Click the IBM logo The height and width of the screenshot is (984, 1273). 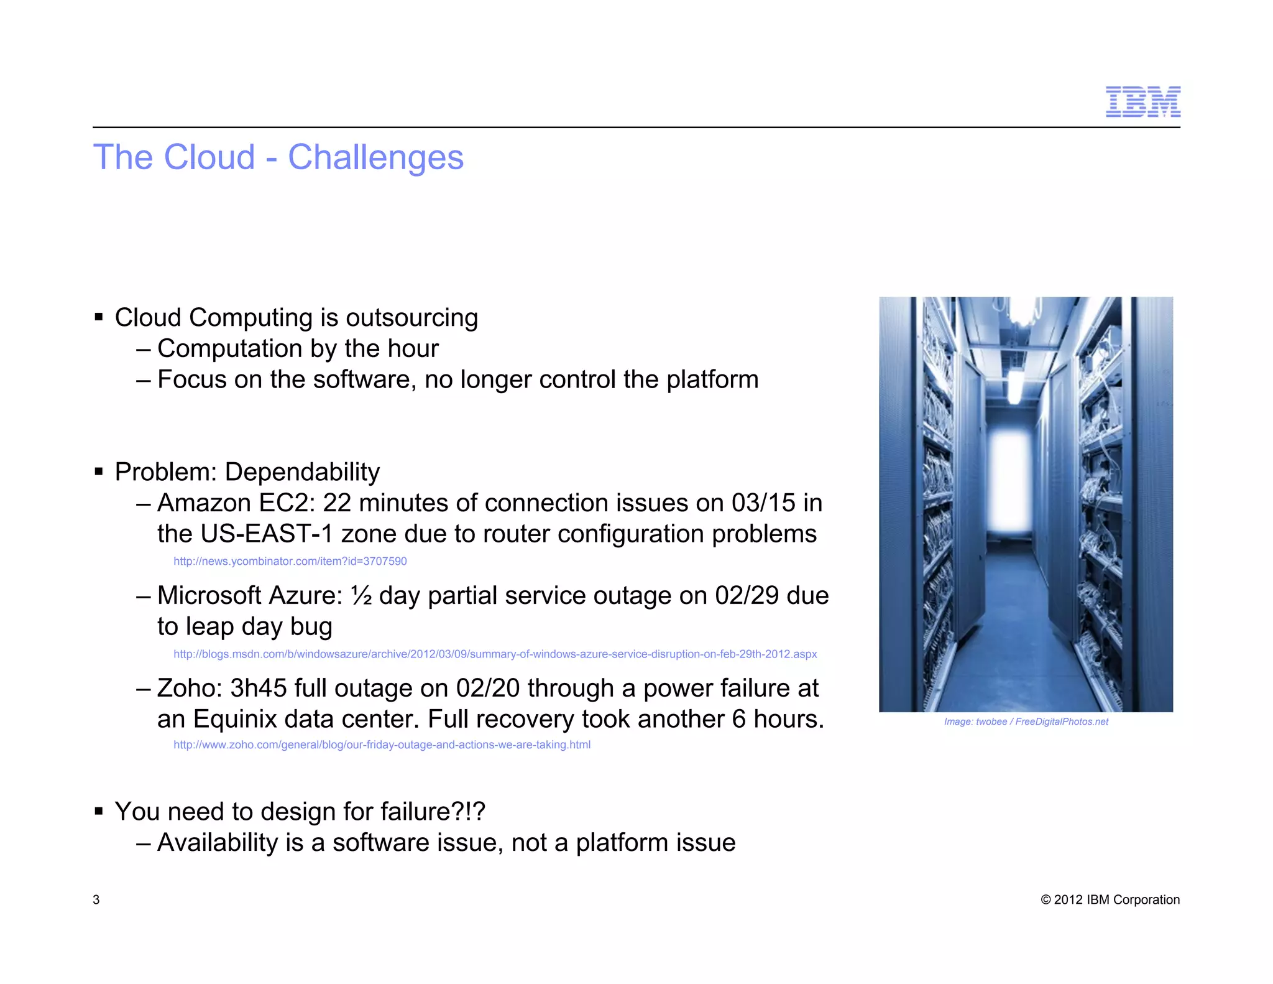[x=1142, y=102]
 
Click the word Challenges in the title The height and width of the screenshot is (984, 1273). [x=375, y=157]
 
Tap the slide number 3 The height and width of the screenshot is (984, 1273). [x=96, y=899]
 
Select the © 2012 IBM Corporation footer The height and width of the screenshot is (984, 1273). [x=1110, y=899]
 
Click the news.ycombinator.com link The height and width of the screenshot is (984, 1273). [x=290, y=561]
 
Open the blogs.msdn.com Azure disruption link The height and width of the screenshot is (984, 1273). [x=495, y=654]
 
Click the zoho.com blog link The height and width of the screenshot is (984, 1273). [x=382, y=745]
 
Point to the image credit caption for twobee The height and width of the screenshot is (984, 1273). [x=1026, y=722]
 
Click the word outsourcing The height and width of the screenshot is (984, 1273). [x=411, y=318]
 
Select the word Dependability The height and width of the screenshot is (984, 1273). [x=302, y=472]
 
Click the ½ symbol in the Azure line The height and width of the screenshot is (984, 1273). [x=361, y=596]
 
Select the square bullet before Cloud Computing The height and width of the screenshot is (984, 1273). [x=99, y=318]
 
